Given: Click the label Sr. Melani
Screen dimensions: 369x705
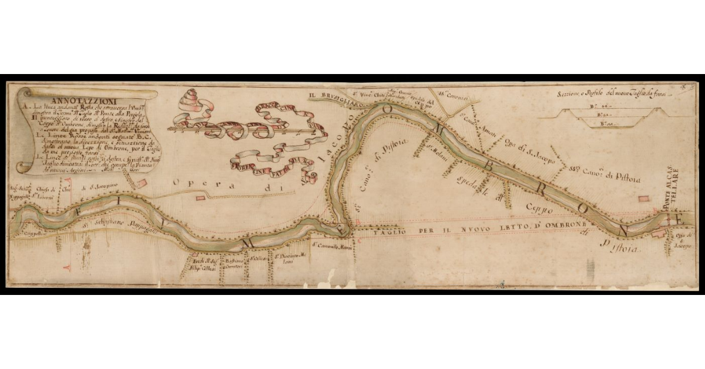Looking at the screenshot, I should [x=436, y=148].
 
